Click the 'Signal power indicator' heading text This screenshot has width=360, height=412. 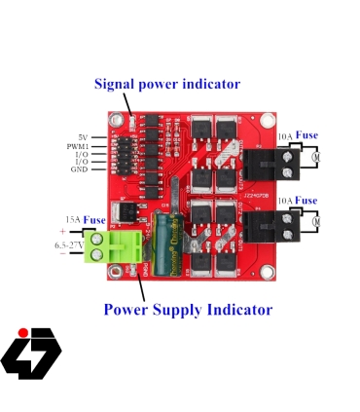[x=166, y=84]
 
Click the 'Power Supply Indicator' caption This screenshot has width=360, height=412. [x=188, y=310]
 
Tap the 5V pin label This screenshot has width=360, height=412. [x=83, y=136]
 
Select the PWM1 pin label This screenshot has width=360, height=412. [x=78, y=145]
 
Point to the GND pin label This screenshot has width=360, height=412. [x=79, y=169]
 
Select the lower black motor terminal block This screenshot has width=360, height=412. [x=261, y=227]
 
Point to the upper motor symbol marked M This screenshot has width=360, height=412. [x=317, y=156]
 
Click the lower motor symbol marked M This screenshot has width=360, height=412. [x=317, y=222]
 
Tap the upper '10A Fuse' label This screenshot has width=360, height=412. [x=297, y=135]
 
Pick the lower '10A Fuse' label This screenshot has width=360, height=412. [x=297, y=201]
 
